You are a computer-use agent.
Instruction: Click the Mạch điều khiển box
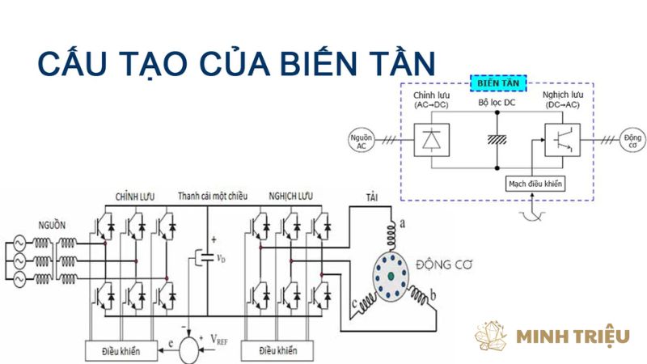pos(535,184)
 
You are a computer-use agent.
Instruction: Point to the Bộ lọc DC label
pos(496,104)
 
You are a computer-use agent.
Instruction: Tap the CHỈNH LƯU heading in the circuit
pos(135,197)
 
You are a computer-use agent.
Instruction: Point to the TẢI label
pos(371,197)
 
